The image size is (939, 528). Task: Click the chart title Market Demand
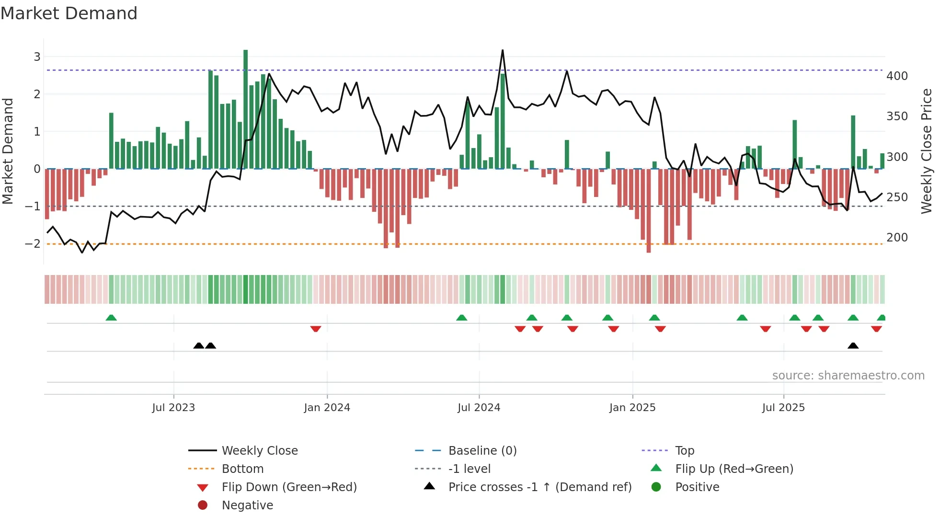tap(69, 13)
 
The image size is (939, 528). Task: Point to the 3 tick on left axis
tap(37, 57)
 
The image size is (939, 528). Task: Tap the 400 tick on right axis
tap(897, 76)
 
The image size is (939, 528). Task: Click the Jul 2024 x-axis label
tap(479, 407)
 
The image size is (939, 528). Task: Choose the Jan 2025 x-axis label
tap(632, 407)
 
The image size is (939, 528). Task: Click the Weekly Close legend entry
tap(259, 450)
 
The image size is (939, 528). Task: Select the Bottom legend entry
tap(242, 469)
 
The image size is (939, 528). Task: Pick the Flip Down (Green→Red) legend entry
tap(289, 487)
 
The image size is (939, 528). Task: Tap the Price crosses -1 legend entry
tap(539, 487)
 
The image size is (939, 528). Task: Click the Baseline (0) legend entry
tap(482, 450)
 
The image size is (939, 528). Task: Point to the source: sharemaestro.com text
tap(848, 375)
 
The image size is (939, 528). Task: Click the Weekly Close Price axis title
tap(927, 151)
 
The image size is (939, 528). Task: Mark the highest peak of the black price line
tap(503, 50)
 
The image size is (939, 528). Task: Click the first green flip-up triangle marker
tap(111, 318)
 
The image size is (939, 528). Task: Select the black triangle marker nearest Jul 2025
tap(853, 345)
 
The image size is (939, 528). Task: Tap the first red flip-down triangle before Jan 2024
tap(315, 329)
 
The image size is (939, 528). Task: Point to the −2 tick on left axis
tap(33, 243)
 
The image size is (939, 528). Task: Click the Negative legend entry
tap(247, 505)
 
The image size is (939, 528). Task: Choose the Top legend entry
tap(684, 450)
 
